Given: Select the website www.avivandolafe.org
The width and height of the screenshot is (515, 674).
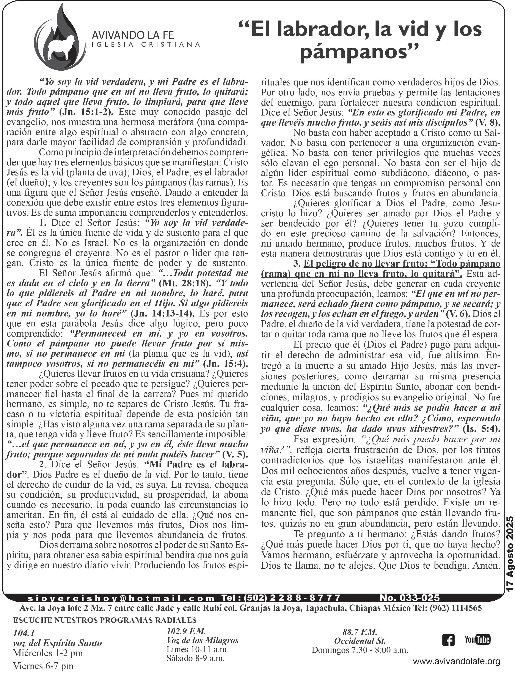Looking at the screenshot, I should pos(457,667).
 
